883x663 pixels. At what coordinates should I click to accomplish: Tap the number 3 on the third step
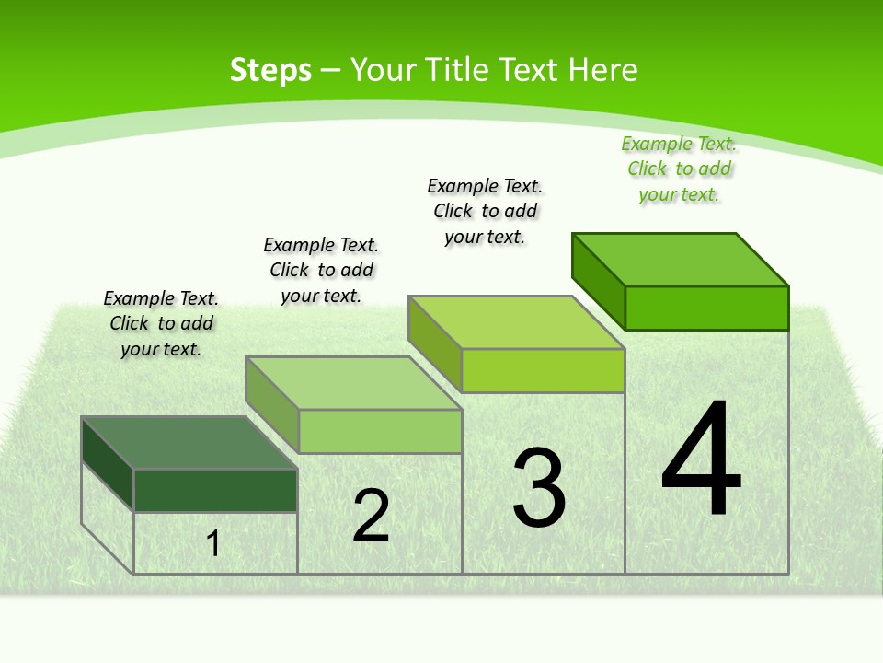pyautogui.click(x=539, y=487)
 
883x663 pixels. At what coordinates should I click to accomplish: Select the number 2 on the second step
pyautogui.click(x=372, y=516)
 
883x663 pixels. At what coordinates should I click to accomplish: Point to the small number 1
pyautogui.click(x=213, y=543)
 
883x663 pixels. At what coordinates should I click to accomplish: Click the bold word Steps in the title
pyautogui.click(x=270, y=70)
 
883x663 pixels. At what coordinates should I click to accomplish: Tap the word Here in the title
pyautogui.click(x=603, y=70)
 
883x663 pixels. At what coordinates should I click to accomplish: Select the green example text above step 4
pyautogui.click(x=679, y=169)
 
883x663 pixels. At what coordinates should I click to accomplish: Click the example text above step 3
pyautogui.click(x=485, y=211)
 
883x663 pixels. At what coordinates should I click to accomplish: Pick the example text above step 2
pyautogui.click(x=321, y=270)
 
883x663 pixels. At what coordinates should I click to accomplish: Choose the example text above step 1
pyautogui.click(x=161, y=323)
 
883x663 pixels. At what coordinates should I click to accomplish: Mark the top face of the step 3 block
pyautogui.click(x=516, y=322)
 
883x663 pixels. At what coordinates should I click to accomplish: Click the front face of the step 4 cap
pyautogui.click(x=706, y=308)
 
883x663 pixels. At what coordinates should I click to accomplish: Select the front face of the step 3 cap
pyautogui.click(x=543, y=370)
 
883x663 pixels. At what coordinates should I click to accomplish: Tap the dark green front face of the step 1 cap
pyautogui.click(x=215, y=490)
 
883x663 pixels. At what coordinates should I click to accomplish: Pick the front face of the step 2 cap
pyautogui.click(x=380, y=431)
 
